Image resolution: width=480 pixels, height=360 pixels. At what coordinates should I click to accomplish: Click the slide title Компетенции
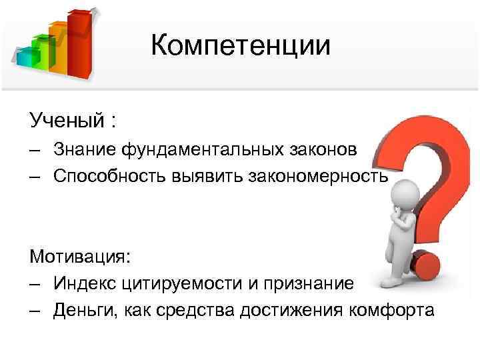coord(240,45)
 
